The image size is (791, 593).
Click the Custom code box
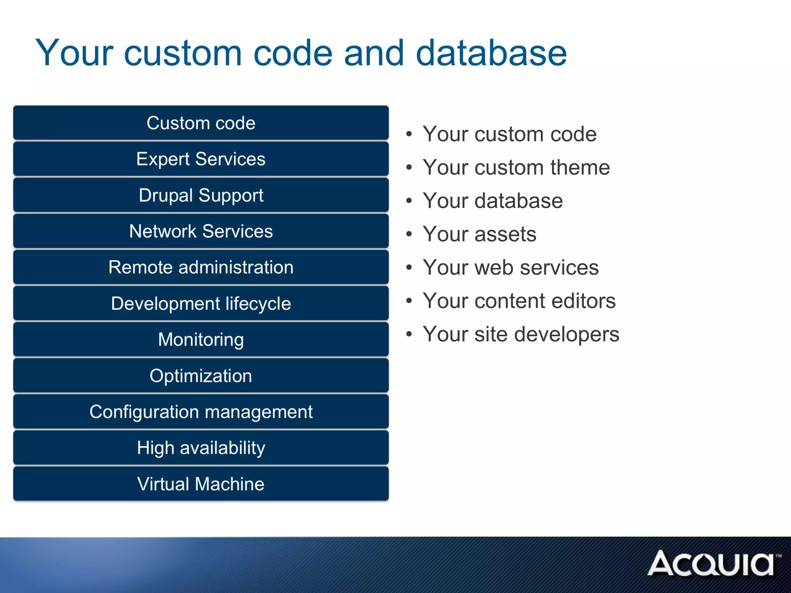point(201,123)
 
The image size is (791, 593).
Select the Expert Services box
point(201,159)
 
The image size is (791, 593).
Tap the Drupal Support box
point(201,195)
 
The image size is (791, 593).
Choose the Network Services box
point(201,231)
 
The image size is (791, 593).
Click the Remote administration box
point(201,267)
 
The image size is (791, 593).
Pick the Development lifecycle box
point(201,303)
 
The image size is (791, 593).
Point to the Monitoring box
point(201,339)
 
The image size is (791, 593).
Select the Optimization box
point(201,376)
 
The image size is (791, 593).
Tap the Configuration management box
point(201,412)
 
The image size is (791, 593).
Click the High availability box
point(201,448)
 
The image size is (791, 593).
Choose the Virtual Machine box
point(201,484)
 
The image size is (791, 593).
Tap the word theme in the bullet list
point(580,168)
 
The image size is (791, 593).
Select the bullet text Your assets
point(479,234)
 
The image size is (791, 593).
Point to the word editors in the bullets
point(583,301)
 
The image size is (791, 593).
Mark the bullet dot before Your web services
point(409,267)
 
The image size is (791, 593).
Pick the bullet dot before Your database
point(409,200)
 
